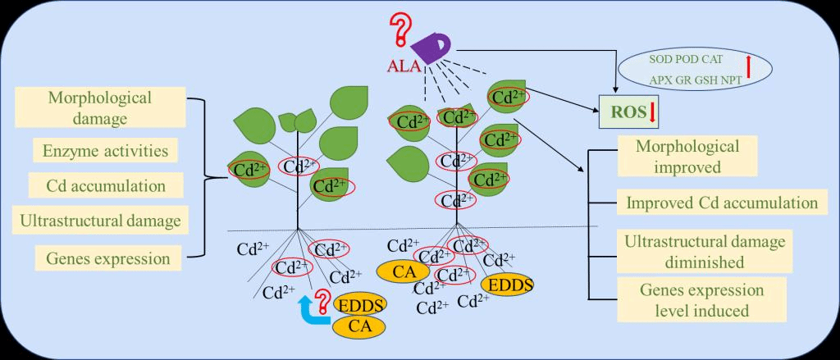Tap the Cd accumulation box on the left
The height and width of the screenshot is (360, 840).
pos(99,186)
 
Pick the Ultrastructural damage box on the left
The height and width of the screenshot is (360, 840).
pos(99,221)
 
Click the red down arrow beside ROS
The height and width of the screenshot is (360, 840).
pos(653,116)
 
